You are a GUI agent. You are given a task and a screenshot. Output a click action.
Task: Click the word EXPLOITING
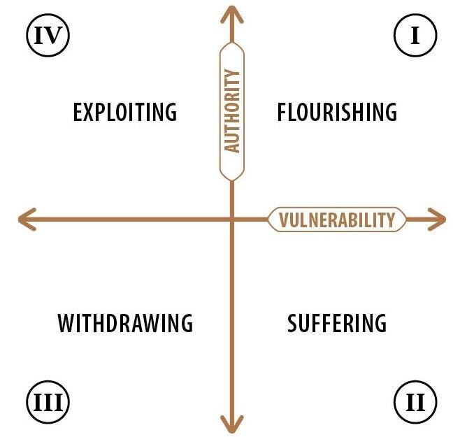tap(125, 112)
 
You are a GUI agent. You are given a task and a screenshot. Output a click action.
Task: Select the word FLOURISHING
tap(337, 112)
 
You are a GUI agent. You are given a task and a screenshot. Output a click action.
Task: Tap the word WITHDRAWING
tap(125, 323)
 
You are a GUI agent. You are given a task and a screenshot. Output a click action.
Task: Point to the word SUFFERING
tap(337, 323)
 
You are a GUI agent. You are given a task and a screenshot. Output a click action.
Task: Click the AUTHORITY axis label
tap(232, 111)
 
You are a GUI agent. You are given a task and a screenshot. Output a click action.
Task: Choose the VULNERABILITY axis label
tap(337, 220)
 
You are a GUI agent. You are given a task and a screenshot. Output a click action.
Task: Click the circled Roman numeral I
tap(415, 35)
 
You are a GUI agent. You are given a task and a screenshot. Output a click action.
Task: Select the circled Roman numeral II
tap(415, 402)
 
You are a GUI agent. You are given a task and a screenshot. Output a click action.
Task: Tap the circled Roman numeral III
tap(48, 402)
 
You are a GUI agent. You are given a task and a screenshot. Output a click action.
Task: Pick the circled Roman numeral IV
tap(48, 35)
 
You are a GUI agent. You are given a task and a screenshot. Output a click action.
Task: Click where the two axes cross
tap(232, 220)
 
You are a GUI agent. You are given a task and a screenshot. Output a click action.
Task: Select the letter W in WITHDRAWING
tap(67, 323)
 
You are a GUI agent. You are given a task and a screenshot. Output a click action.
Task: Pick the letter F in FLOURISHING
tap(282, 112)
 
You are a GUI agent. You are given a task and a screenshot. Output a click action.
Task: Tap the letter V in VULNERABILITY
tap(284, 220)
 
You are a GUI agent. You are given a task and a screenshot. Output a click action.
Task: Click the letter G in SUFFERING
tap(380, 323)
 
